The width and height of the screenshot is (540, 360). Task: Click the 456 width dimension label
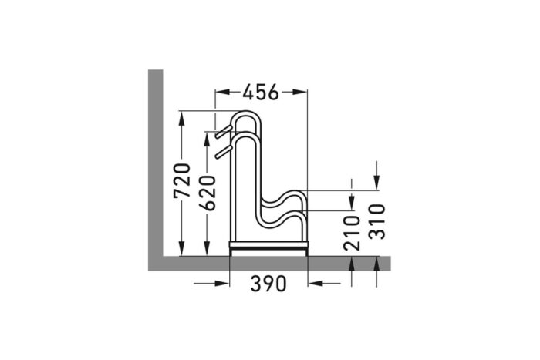tap(261, 93)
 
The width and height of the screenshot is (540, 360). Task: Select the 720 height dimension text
tap(183, 180)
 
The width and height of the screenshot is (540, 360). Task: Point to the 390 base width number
tap(268, 284)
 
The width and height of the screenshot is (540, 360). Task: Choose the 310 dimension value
tap(376, 221)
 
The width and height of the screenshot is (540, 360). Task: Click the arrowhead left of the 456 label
tap(220, 93)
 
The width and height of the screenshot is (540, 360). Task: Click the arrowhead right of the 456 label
tap(302, 93)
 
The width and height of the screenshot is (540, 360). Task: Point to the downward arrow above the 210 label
tap(352, 203)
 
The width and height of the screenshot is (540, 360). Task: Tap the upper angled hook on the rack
tap(223, 128)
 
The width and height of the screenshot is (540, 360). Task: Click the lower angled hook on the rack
tap(223, 150)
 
